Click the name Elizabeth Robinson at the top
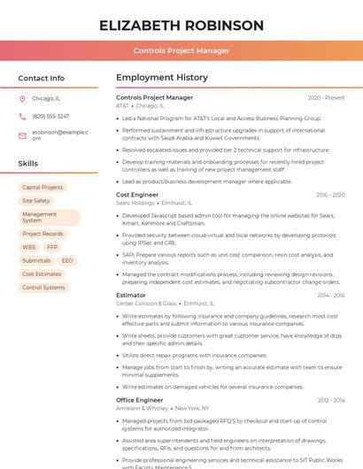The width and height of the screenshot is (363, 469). [x=181, y=25]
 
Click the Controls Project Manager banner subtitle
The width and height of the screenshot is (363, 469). [x=181, y=51]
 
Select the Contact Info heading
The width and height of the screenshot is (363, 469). [x=41, y=78]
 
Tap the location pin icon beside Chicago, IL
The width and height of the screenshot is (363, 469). [x=22, y=99]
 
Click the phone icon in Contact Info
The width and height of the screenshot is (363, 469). [x=22, y=116]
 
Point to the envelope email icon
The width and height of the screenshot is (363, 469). [x=22, y=135]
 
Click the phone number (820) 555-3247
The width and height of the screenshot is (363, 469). [x=50, y=116]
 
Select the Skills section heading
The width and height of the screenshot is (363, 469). [x=28, y=164]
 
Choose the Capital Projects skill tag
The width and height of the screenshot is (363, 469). [x=42, y=188]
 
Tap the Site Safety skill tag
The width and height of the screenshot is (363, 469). [x=36, y=201]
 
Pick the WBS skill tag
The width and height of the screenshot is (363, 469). [x=29, y=248]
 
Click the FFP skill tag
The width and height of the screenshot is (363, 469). [x=52, y=248]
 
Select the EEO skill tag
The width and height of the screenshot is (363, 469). [x=67, y=261]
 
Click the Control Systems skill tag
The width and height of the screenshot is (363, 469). [x=43, y=288]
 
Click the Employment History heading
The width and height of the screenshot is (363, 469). [x=161, y=78]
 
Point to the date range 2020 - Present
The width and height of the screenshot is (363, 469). [x=326, y=97]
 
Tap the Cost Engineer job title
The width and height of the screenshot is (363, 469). [x=137, y=195]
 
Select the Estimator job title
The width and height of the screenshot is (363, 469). [x=131, y=295]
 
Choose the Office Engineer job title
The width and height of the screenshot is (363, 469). [x=139, y=400]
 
